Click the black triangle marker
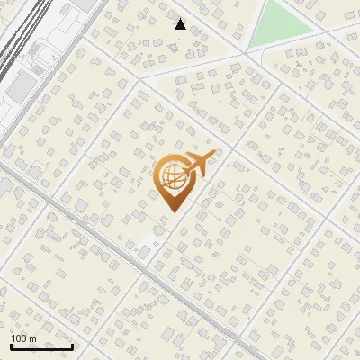click(x=180, y=24)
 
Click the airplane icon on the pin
click(x=199, y=165)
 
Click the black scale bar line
click(x=41, y=346)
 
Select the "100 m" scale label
click(x=23, y=338)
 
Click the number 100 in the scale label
click(x=19, y=338)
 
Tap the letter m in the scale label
click(x=32, y=338)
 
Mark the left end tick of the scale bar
click(x=11, y=344)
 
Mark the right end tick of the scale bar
click(x=72, y=344)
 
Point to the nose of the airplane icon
click(x=213, y=157)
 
